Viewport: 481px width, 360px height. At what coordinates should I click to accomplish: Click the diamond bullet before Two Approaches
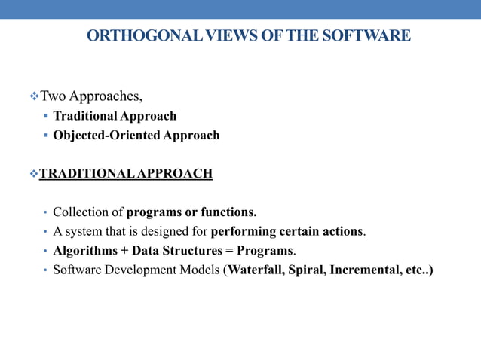pos(33,96)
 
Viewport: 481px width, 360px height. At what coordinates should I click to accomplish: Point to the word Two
pos(53,96)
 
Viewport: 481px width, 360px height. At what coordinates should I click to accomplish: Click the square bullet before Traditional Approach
pos(46,116)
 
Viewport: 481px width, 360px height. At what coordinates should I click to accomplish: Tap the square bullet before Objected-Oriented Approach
pos(46,136)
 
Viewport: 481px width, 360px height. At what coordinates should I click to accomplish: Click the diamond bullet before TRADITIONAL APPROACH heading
pos(33,174)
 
